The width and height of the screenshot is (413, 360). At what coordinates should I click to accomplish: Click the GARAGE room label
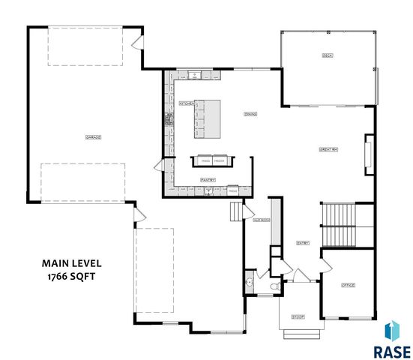pos(94,137)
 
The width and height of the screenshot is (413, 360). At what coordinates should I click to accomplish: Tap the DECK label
pos(327,56)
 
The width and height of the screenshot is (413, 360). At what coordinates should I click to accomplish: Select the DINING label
pos(250,114)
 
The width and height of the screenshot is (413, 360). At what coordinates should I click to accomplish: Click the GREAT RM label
pos(328,150)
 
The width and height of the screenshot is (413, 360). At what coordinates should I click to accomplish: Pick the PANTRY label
pos(208,179)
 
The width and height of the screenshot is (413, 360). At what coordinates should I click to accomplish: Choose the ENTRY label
pos(303,242)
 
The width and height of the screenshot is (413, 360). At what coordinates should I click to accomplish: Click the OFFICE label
pos(347,285)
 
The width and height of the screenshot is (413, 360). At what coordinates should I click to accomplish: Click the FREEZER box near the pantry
pos(220,160)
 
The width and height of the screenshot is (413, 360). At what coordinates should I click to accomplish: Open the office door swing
pos(328,265)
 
